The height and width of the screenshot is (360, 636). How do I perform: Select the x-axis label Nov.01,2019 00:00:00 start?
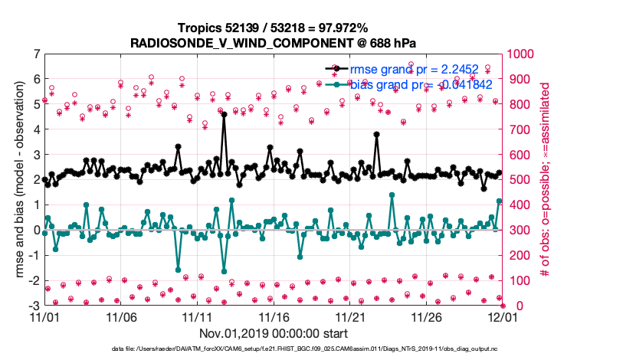pos(274,333)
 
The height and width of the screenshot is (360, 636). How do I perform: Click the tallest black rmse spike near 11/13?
pos(224,116)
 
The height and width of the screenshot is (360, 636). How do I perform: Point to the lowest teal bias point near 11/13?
pos(224,271)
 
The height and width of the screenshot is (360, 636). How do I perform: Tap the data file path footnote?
pos(317,349)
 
